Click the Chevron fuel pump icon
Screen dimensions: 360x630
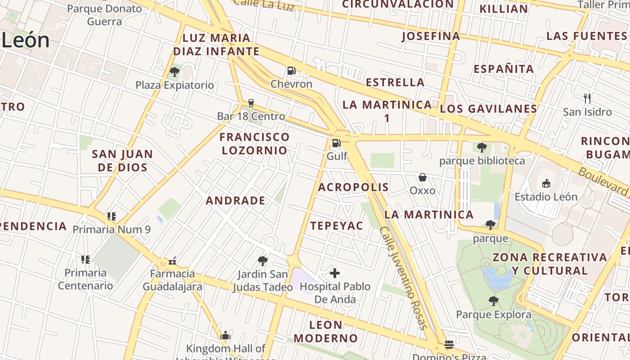pos(291,71)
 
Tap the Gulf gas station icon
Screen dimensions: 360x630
pos(336,144)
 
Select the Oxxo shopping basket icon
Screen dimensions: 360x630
pos(422,177)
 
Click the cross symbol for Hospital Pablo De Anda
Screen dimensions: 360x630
pos(335,273)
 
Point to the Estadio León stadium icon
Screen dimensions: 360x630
pos(546,183)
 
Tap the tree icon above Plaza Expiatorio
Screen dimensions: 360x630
pos(175,72)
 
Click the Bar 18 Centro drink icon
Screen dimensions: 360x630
pos(251,103)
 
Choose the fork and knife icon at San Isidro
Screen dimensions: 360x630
pos(587,98)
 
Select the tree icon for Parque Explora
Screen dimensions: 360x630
pos(493,301)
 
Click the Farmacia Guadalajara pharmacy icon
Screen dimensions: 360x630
pos(172,261)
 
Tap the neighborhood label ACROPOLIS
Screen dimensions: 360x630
pos(353,187)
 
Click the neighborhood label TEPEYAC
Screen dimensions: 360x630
pos(337,226)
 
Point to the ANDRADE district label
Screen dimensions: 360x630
pos(235,201)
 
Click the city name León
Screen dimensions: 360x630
pos(25,40)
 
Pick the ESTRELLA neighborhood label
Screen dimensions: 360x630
pos(395,82)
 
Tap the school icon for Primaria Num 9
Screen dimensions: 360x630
pos(111,216)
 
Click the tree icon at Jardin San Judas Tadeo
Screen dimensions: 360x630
pos(262,261)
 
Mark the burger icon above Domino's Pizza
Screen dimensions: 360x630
pos(449,345)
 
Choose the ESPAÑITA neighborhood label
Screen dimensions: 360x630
pos(504,69)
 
